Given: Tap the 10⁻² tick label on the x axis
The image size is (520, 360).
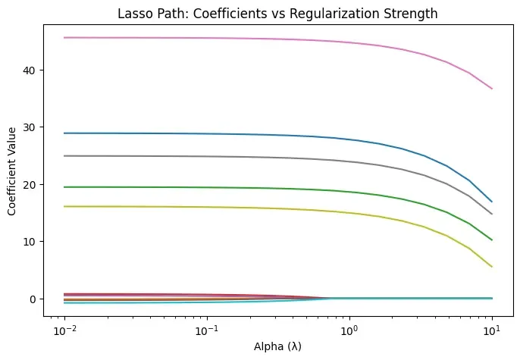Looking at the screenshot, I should coord(65,332).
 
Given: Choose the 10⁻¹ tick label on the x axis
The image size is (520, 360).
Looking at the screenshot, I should coord(207,332).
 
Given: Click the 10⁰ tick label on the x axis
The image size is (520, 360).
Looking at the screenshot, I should coord(349,332).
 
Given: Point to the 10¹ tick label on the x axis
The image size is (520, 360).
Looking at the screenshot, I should coord(492,332).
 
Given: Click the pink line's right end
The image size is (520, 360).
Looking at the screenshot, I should coord(492,89).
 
